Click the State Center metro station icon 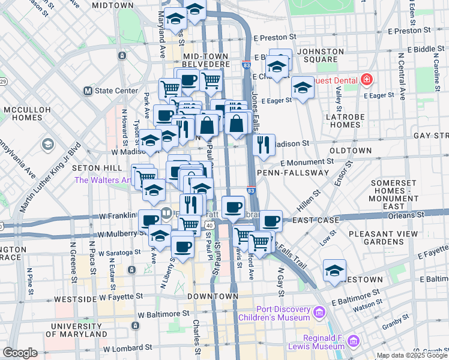click(88, 91)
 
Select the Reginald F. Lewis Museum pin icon click(354, 341)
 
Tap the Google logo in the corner click(20, 353)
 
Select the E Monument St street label click(306, 162)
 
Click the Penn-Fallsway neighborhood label click(292, 173)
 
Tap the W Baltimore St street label click(163, 313)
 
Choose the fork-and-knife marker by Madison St click(264, 145)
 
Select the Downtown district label click(209, 296)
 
